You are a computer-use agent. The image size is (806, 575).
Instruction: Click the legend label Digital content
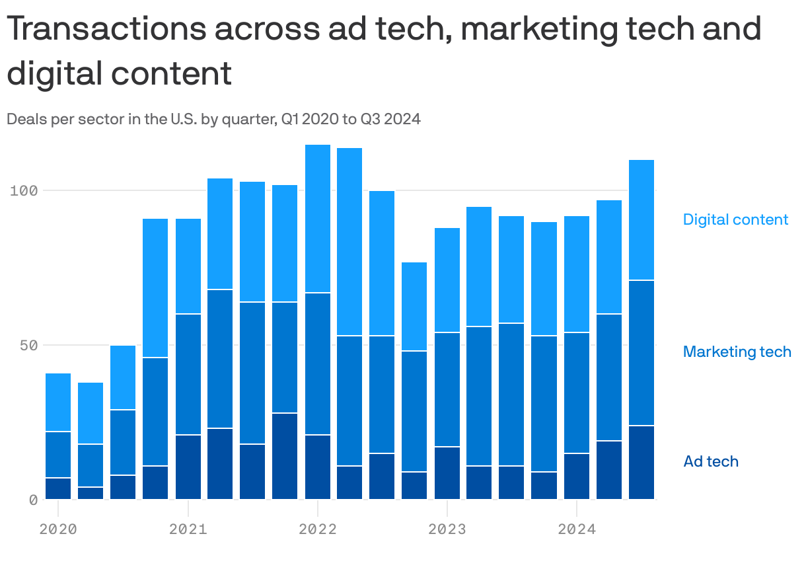click(x=735, y=219)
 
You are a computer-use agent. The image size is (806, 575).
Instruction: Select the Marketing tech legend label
click(x=737, y=352)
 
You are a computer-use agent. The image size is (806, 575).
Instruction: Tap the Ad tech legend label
click(x=711, y=461)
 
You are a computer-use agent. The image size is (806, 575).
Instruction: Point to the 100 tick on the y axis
click(x=24, y=191)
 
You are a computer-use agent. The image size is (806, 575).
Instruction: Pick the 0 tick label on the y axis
click(x=32, y=500)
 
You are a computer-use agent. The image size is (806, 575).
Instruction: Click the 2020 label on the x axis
click(x=58, y=529)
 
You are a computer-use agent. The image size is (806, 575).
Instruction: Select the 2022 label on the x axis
click(x=318, y=529)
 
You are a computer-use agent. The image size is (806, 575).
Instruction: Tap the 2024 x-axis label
click(x=577, y=529)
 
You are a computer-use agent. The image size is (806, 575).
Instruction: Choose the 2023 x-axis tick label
click(x=447, y=529)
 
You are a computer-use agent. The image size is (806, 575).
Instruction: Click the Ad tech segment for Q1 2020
click(x=58, y=488)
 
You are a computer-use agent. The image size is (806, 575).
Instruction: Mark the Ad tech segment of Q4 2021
click(x=285, y=456)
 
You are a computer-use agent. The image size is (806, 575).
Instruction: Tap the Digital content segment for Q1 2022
click(x=318, y=218)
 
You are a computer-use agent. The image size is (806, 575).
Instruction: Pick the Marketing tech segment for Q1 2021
click(x=188, y=374)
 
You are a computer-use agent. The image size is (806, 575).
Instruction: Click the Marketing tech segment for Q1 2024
click(x=577, y=393)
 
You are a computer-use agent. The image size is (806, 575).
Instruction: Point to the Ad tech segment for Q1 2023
click(x=447, y=473)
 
